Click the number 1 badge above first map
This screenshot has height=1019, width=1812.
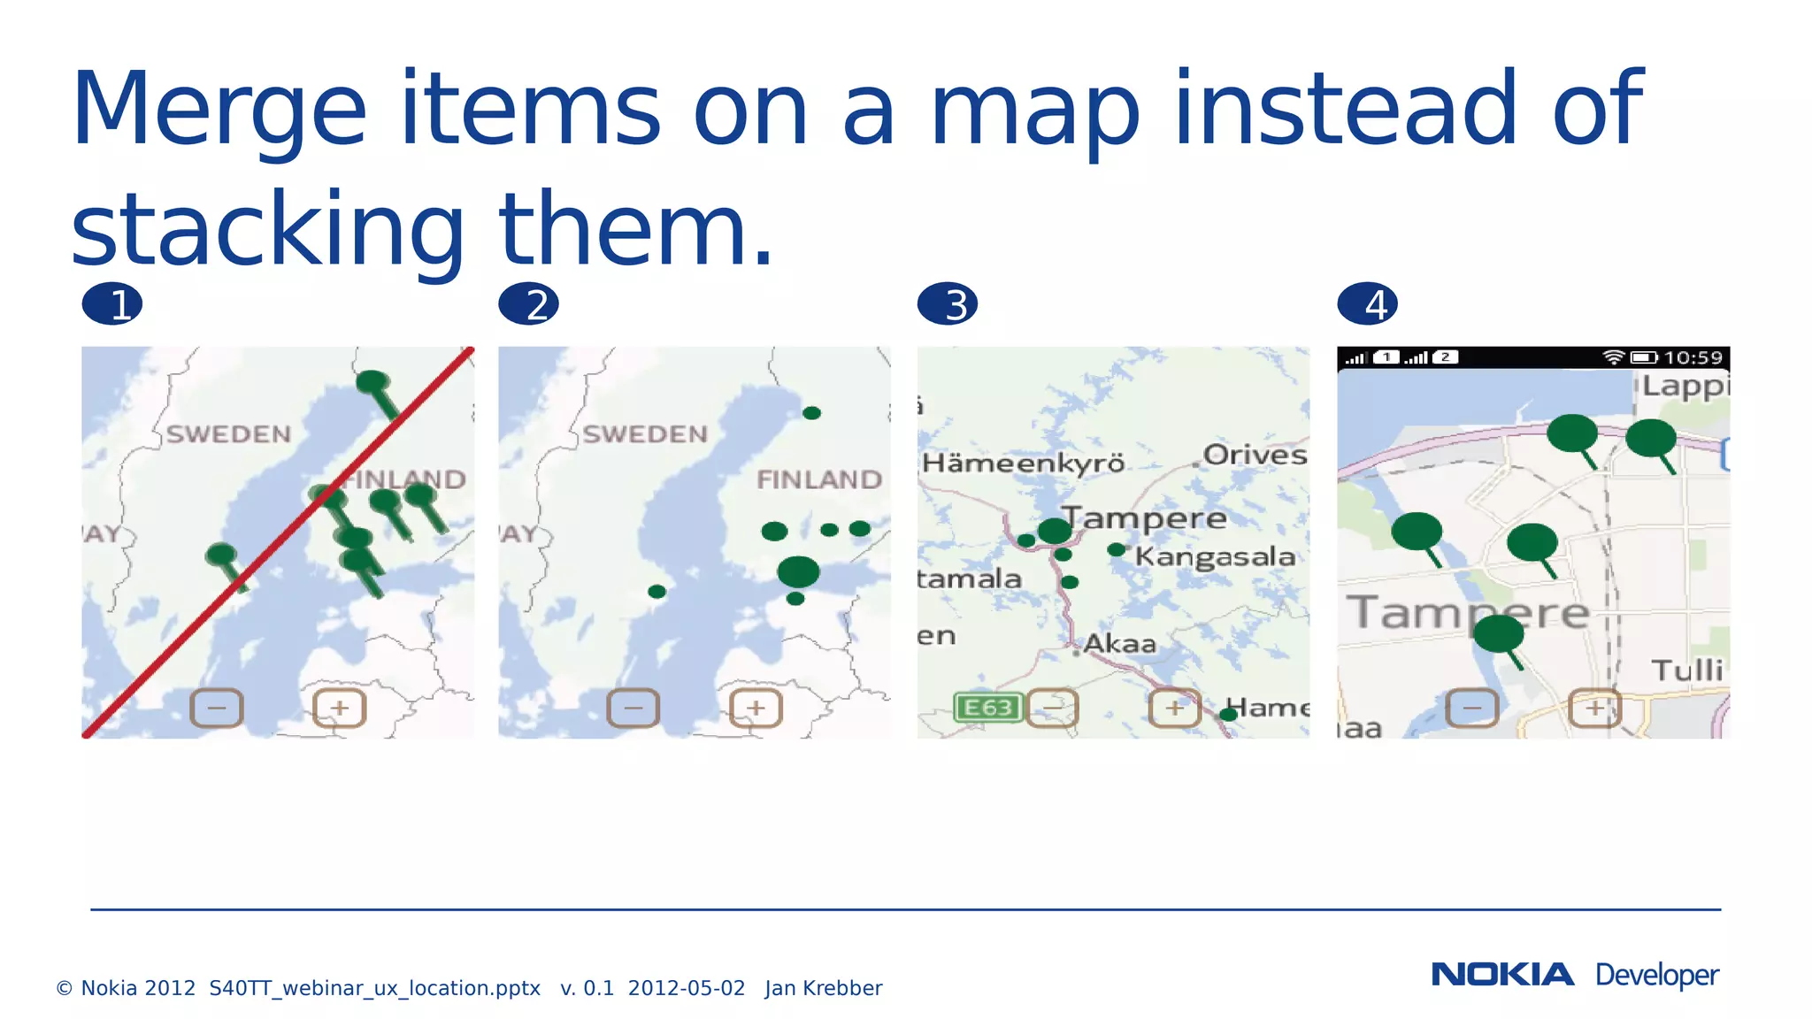[x=112, y=304]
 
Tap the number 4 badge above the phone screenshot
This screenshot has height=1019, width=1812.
[x=1368, y=304]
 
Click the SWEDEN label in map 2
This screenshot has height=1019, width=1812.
[x=645, y=434]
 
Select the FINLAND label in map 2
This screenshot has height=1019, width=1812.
[x=819, y=479]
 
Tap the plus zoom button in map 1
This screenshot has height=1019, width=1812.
[x=340, y=708]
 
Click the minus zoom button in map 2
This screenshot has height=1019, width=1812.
[x=633, y=708]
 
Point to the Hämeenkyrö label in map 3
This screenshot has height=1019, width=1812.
[x=1024, y=464]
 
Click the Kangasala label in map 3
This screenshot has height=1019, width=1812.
[x=1215, y=556]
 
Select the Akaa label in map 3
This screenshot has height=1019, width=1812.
[x=1120, y=643]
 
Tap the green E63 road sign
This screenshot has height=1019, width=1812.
[x=988, y=708]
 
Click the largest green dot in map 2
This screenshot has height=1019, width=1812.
[x=798, y=572]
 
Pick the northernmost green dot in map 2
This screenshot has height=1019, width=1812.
[x=811, y=413]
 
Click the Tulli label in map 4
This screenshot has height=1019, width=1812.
[x=1687, y=670]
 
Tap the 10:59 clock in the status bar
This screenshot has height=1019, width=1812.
[x=1693, y=357]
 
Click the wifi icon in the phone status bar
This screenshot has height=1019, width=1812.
[x=1614, y=357]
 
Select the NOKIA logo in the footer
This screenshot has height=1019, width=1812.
[x=1502, y=975]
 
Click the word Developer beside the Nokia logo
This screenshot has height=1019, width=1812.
[x=1656, y=975]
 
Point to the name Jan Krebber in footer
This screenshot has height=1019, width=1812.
[x=823, y=988]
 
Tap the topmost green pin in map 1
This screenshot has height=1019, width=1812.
[x=372, y=382]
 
